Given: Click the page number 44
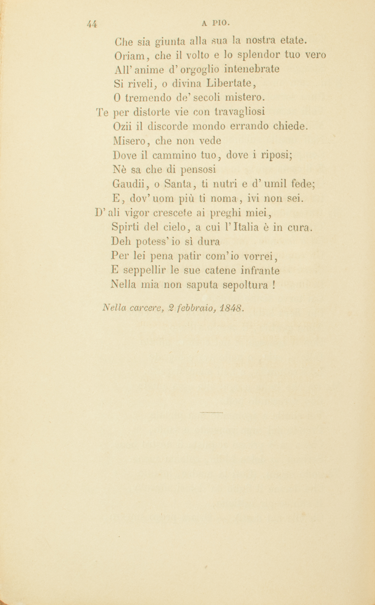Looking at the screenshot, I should point(92,24).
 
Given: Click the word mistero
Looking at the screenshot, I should point(245,98).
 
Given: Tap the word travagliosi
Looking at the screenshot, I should point(240,112).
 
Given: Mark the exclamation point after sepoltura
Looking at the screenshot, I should point(274,285).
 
